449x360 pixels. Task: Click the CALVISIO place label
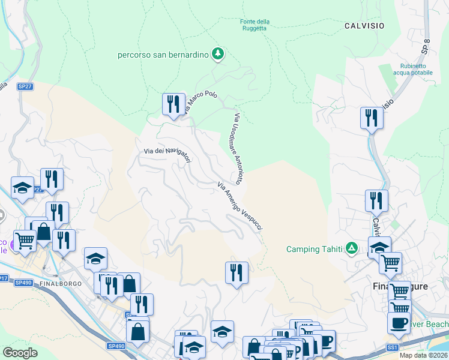click(364, 26)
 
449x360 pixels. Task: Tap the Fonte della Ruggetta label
click(255, 25)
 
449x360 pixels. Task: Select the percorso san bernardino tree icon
click(218, 55)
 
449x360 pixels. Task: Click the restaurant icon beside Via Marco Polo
click(173, 104)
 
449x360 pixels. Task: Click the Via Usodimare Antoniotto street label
click(238, 148)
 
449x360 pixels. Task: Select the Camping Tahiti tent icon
click(352, 248)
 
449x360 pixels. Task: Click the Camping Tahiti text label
click(314, 249)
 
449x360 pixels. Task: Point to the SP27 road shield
click(25, 86)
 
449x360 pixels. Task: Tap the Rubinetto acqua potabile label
click(409, 69)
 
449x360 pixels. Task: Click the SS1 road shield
click(393, 347)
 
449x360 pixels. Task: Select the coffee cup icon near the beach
click(399, 323)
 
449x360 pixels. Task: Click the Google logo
click(20, 352)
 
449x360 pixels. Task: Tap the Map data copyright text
click(424, 355)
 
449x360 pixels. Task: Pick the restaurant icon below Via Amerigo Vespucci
click(237, 272)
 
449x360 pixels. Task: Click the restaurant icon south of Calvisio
click(372, 118)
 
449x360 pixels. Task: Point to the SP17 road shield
click(3, 278)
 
